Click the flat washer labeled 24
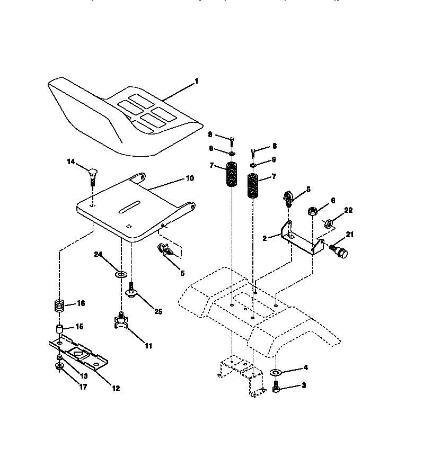(x=121, y=274)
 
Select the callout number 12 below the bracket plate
(x=116, y=388)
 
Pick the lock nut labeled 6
(x=313, y=212)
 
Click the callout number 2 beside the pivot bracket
(x=264, y=239)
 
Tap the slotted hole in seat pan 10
(x=129, y=207)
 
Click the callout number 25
(x=158, y=311)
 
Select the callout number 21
(x=350, y=235)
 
